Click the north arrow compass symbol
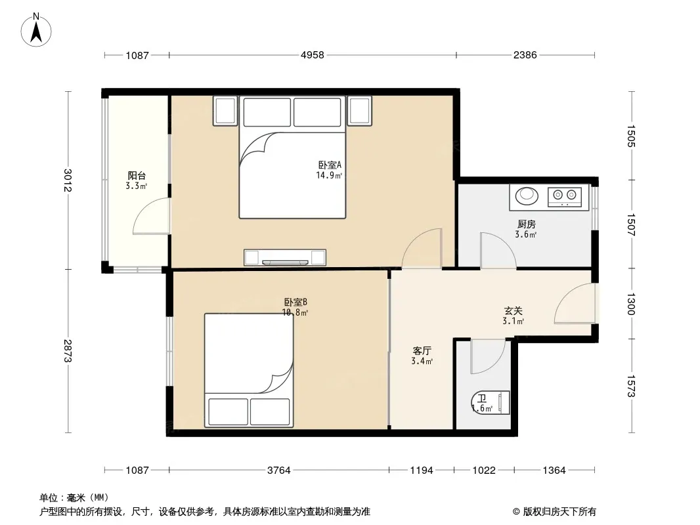[36, 30]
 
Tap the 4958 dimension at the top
[312, 55]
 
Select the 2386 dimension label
[525, 55]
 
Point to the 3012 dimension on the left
[68, 180]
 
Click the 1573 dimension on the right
[631, 386]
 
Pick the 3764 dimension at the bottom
[279, 470]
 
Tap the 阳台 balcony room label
[137, 176]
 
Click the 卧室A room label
[330, 165]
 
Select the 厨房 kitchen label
[527, 224]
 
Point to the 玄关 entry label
[513, 310]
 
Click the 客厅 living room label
[422, 350]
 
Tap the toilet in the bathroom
[491, 403]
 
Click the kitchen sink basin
[527, 196]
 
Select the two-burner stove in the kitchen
[564, 197]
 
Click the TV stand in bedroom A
[285, 257]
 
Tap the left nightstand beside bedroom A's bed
[225, 111]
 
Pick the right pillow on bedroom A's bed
[317, 112]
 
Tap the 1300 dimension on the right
[631, 304]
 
